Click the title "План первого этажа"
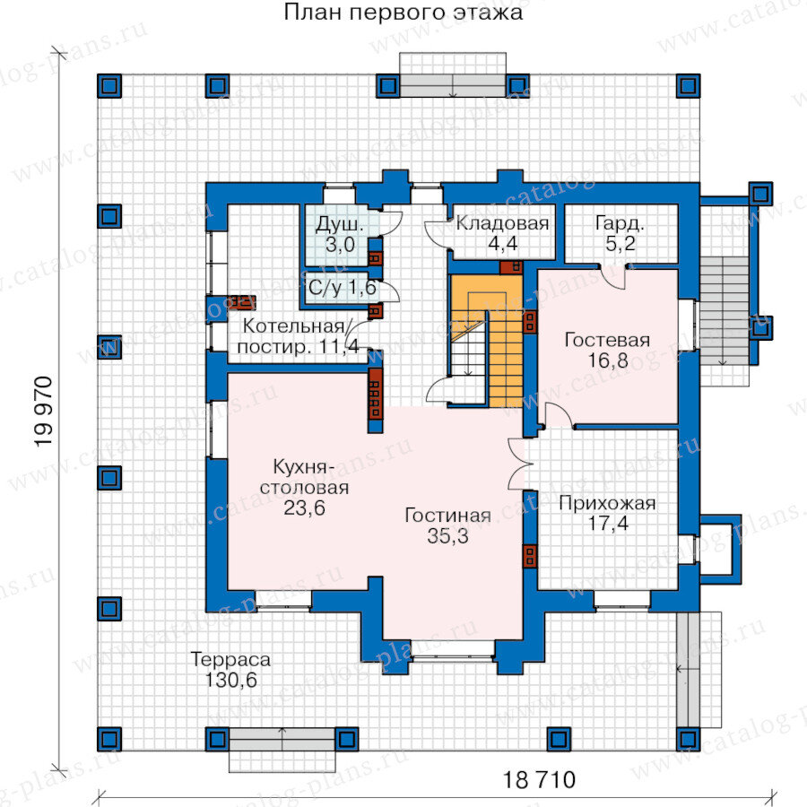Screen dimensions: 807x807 (403, 13)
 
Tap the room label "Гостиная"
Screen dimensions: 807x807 (447, 516)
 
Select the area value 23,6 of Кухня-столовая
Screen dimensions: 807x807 (304, 508)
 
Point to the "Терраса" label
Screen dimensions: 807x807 (230, 659)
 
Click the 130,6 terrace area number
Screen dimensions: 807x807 (230, 680)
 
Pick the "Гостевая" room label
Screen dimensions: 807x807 (607, 340)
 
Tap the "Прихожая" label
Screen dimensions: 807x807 (607, 503)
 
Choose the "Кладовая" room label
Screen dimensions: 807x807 (502, 223)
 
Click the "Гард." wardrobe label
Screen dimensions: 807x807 (620, 223)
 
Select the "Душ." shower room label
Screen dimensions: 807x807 (340, 225)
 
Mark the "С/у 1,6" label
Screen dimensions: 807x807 (343, 288)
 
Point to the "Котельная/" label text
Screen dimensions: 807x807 (296, 325)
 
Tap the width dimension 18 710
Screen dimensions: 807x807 (538, 780)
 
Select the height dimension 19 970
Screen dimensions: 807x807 (44, 412)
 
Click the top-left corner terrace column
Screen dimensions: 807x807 (109, 86)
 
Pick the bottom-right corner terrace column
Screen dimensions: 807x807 (688, 739)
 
